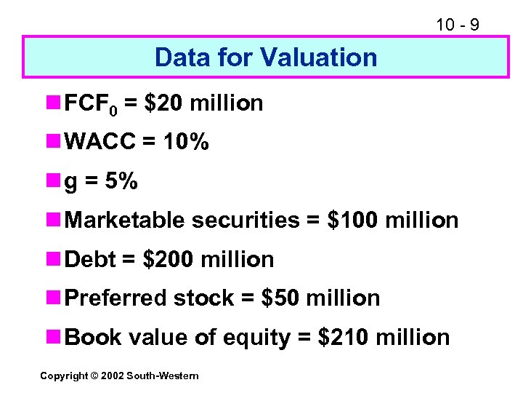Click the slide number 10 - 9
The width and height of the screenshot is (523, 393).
(457, 25)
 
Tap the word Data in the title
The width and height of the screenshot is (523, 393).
(179, 57)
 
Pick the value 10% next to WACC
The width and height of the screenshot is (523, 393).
(185, 143)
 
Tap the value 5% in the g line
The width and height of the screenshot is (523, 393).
(121, 181)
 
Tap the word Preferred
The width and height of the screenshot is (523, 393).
(116, 298)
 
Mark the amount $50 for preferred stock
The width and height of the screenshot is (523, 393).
(280, 298)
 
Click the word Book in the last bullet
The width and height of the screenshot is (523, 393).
(89, 337)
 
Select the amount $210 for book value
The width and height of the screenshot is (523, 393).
(344, 337)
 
